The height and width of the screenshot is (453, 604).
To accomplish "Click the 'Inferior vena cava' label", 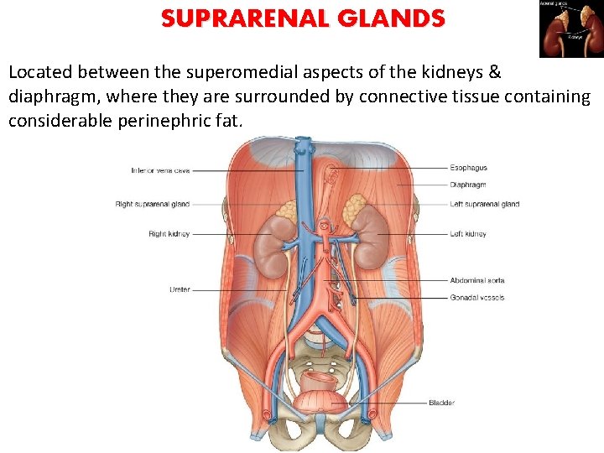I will [x=160, y=170].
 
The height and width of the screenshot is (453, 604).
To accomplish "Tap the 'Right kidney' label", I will [x=169, y=234].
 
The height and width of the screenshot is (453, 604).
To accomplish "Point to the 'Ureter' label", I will [x=180, y=290].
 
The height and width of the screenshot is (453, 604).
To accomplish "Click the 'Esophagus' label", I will [x=468, y=168].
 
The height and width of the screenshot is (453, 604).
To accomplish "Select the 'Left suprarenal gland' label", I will [x=484, y=204].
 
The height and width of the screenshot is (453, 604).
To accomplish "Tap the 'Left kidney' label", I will [x=468, y=234].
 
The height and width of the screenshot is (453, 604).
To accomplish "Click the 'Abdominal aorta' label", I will [x=477, y=280].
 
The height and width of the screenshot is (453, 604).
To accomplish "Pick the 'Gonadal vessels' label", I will [x=476, y=298].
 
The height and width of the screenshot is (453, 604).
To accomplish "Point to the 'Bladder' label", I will [x=441, y=404].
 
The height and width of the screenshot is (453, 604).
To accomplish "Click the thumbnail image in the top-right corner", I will [x=570, y=28].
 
